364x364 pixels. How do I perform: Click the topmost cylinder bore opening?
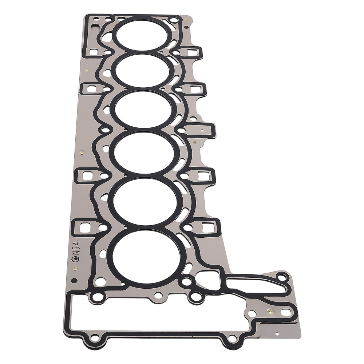tap(142, 35)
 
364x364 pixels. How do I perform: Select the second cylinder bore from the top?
tap(143, 71)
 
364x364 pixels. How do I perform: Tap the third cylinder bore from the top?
tap(144, 109)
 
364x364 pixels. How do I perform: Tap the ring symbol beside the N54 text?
tap(75, 259)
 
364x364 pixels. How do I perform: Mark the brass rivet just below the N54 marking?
tap(75, 269)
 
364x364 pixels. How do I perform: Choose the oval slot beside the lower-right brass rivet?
tap(286, 312)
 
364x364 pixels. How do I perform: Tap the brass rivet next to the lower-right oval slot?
tap(270, 312)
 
